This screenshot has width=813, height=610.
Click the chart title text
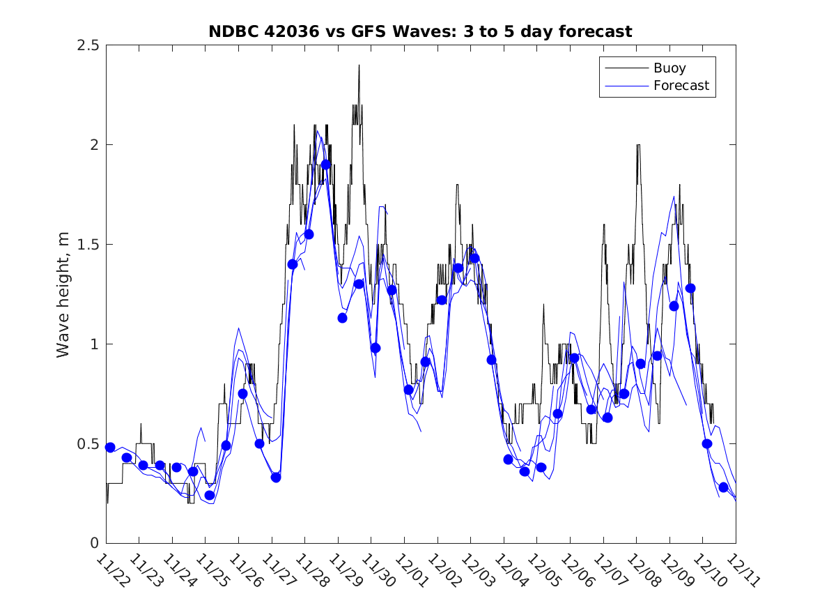point(420,31)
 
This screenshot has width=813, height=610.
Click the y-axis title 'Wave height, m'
point(63,294)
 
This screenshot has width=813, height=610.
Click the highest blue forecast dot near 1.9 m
point(325,165)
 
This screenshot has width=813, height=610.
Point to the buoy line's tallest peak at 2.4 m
point(359,66)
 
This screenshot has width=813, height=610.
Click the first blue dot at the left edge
point(110,447)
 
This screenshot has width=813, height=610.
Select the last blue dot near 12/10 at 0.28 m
point(723,487)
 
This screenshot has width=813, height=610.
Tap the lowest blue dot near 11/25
point(210,495)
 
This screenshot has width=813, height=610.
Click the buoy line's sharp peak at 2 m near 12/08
point(638,145)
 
